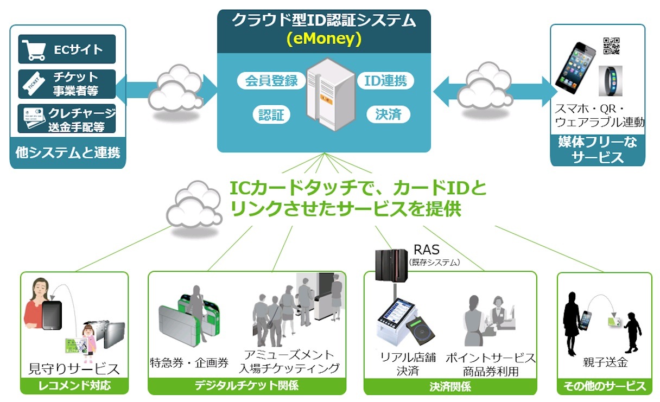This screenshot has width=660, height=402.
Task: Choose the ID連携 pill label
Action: point(386,81)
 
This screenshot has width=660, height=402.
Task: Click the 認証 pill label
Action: point(271,114)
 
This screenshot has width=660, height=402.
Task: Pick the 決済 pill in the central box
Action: point(388,114)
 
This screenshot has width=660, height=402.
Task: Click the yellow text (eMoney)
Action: point(324,39)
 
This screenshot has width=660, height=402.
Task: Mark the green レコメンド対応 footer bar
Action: point(74,386)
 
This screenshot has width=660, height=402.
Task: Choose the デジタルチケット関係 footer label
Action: point(247,386)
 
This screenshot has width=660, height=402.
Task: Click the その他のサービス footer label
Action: point(605,386)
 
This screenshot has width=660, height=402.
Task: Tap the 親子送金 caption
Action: point(601,362)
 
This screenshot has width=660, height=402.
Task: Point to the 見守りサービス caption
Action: point(74,369)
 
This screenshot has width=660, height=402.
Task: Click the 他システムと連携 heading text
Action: point(68,153)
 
